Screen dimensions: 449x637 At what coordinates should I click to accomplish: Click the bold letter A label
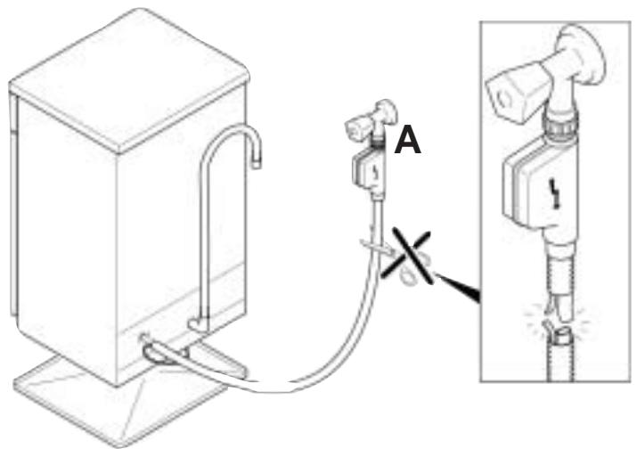pos(409,141)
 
